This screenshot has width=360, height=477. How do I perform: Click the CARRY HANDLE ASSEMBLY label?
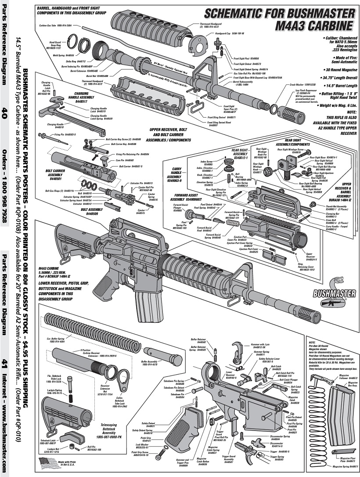[x=176, y=174]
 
